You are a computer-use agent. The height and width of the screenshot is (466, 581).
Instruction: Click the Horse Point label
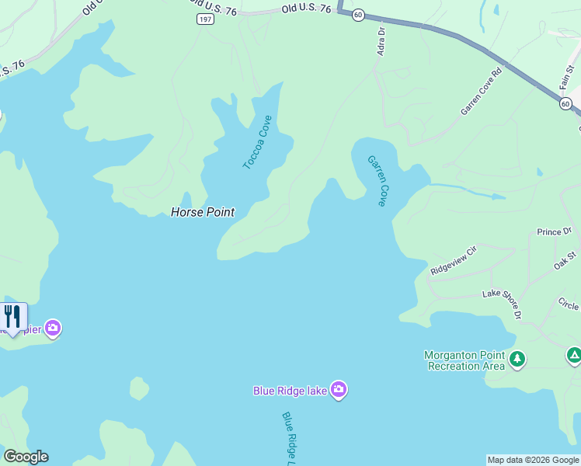pyautogui.click(x=202, y=212)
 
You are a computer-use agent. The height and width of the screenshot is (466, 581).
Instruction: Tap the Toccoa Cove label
pyautogui.click(x=258, y=142)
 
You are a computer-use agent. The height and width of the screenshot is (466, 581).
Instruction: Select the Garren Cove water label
pyautogui.click(x=377, y=180)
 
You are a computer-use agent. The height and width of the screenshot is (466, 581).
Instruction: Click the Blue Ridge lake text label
pyautogui.click(x=290, y=390)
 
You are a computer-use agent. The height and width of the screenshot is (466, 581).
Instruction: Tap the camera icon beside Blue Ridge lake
pyautogui.click(x=338, y=389)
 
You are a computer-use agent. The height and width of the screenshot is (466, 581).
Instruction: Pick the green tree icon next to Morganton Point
pyautogui.click(x=517, y=360)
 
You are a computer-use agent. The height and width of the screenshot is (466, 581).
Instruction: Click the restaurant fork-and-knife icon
pyautogui.click(x=12, y=316)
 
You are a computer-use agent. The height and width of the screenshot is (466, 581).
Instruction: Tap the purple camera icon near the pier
pyautogui.click(x=53, y=328)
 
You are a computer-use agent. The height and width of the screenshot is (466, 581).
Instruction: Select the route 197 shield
pyautogui.click(x=205, y=19)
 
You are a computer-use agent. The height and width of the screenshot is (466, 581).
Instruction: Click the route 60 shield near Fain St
pyautogui.click(x=566, y=103)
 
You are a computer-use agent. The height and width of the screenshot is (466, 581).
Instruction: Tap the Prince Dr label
pyautogui.click(x=554, y=231)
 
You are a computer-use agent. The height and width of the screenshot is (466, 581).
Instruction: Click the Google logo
pyautogui.click(x=26, y=457)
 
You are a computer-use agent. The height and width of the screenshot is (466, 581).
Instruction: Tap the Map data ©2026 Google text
pyautogui.click(x=533, y=460)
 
